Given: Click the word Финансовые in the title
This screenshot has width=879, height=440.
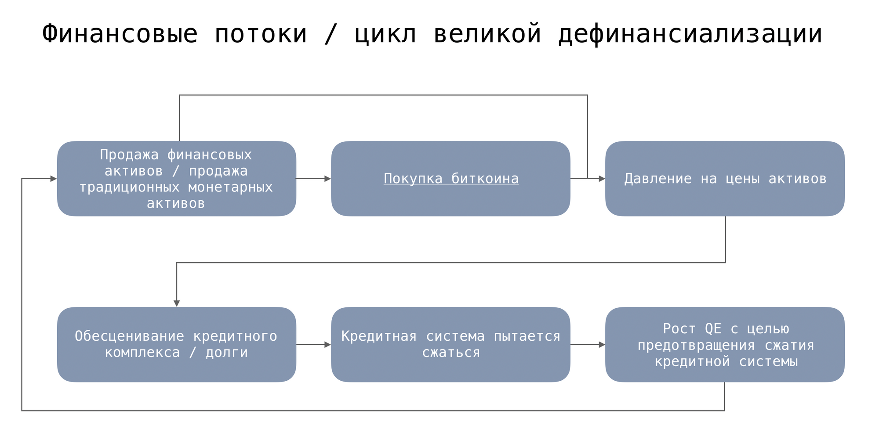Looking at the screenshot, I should tap(120, 34).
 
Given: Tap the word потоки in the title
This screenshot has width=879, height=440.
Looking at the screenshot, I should tap(261, 34).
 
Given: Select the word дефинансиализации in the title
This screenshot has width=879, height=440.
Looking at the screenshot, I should tap(690, 34).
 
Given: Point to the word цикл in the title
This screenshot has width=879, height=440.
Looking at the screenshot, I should tap(385, 34).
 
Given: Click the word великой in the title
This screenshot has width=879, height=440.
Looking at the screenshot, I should tap(487, 34).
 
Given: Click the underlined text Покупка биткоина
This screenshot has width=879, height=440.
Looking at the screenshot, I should tap(451, 179).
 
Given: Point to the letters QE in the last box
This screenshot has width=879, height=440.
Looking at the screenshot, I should tap(713, 329).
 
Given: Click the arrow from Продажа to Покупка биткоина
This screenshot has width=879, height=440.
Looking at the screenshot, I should tap(313, 179).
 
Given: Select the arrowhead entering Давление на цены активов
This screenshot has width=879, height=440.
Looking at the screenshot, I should tap(602, 179).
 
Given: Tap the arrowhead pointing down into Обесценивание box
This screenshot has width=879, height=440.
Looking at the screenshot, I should tap(177, 303).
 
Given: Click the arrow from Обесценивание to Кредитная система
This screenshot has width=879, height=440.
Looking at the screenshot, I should tap(313, 345).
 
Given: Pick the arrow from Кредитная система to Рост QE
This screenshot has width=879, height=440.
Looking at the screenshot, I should tap(588, 345).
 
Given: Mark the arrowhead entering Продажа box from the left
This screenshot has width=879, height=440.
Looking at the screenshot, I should tap(53, 179).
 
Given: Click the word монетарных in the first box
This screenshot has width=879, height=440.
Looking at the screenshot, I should tap(230, 188).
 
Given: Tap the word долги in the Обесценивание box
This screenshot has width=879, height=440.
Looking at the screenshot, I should tap(227, 353).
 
